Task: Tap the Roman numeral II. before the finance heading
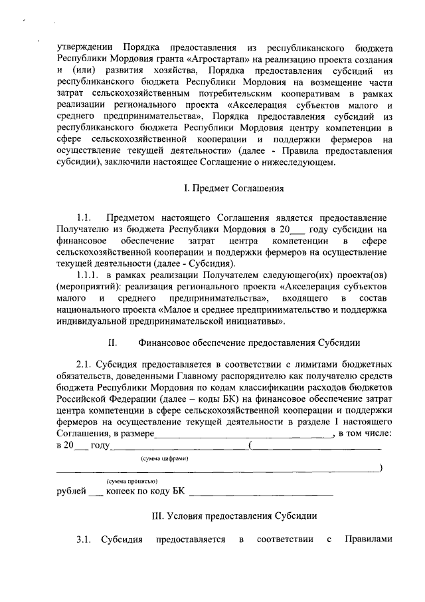click(112, 343)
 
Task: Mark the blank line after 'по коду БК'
click(261, 494)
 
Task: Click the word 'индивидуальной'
click(93, 322)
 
